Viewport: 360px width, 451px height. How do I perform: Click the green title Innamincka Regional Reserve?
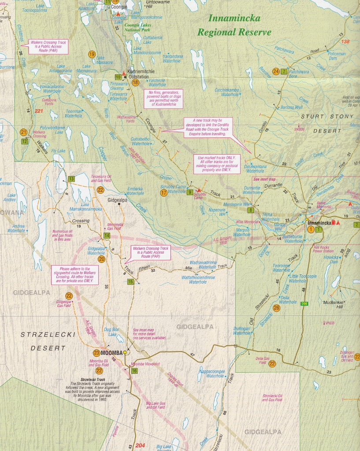point(234,25)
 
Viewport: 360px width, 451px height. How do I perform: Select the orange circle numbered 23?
point(96,353)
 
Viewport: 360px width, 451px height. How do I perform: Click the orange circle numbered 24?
point(276,71)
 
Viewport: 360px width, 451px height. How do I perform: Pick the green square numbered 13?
point(71,179)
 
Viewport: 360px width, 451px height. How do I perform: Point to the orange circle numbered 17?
point(163,192)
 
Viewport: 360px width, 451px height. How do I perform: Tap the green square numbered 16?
point(134,371)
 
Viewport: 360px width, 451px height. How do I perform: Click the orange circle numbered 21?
point(24,132)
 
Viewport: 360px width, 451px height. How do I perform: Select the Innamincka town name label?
point(319,223)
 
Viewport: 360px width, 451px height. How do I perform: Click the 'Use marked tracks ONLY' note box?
point(217,163)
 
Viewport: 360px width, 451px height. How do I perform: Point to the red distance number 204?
point(140,445)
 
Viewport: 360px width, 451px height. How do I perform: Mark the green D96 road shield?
point(304,303)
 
